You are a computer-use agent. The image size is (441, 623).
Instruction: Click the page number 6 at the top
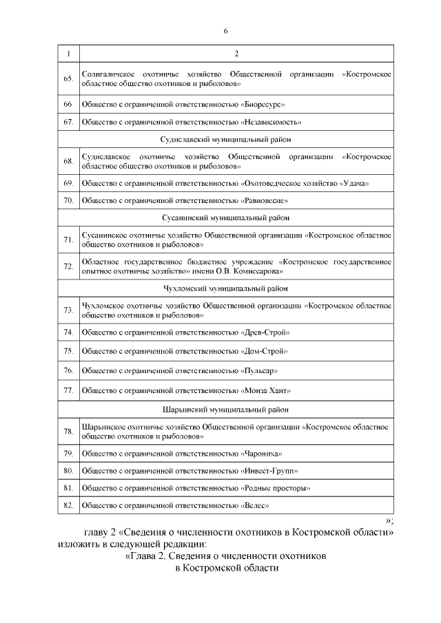coord(225,31)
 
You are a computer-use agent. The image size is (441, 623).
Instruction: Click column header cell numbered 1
coord(68,54)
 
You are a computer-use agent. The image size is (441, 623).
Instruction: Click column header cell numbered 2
coord(236,54)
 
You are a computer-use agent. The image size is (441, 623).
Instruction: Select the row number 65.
coord(68,78)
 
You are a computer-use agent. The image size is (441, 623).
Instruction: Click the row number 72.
coord(68,266)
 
